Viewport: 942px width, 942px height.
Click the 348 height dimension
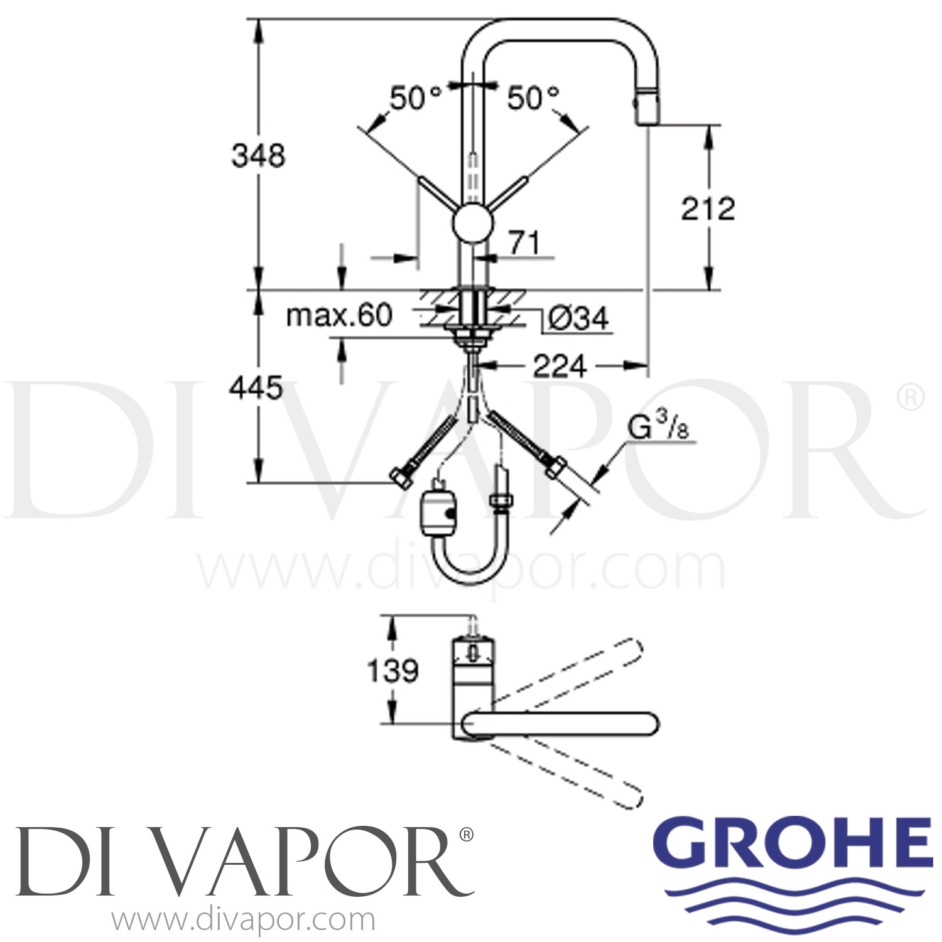pyautogui.click(x=258, y=155)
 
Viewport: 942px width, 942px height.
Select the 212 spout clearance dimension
pyautogui.click(x=708, y=208)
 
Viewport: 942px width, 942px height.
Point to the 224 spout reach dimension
pyautogui.click(x=559, y=365)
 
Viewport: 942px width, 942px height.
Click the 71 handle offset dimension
pyautogui.click(x=524, y=242)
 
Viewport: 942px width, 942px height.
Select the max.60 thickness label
pyautogui.click(x=339, y=315)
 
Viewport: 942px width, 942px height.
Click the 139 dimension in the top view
pyautogui.click(x=392, y=670)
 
